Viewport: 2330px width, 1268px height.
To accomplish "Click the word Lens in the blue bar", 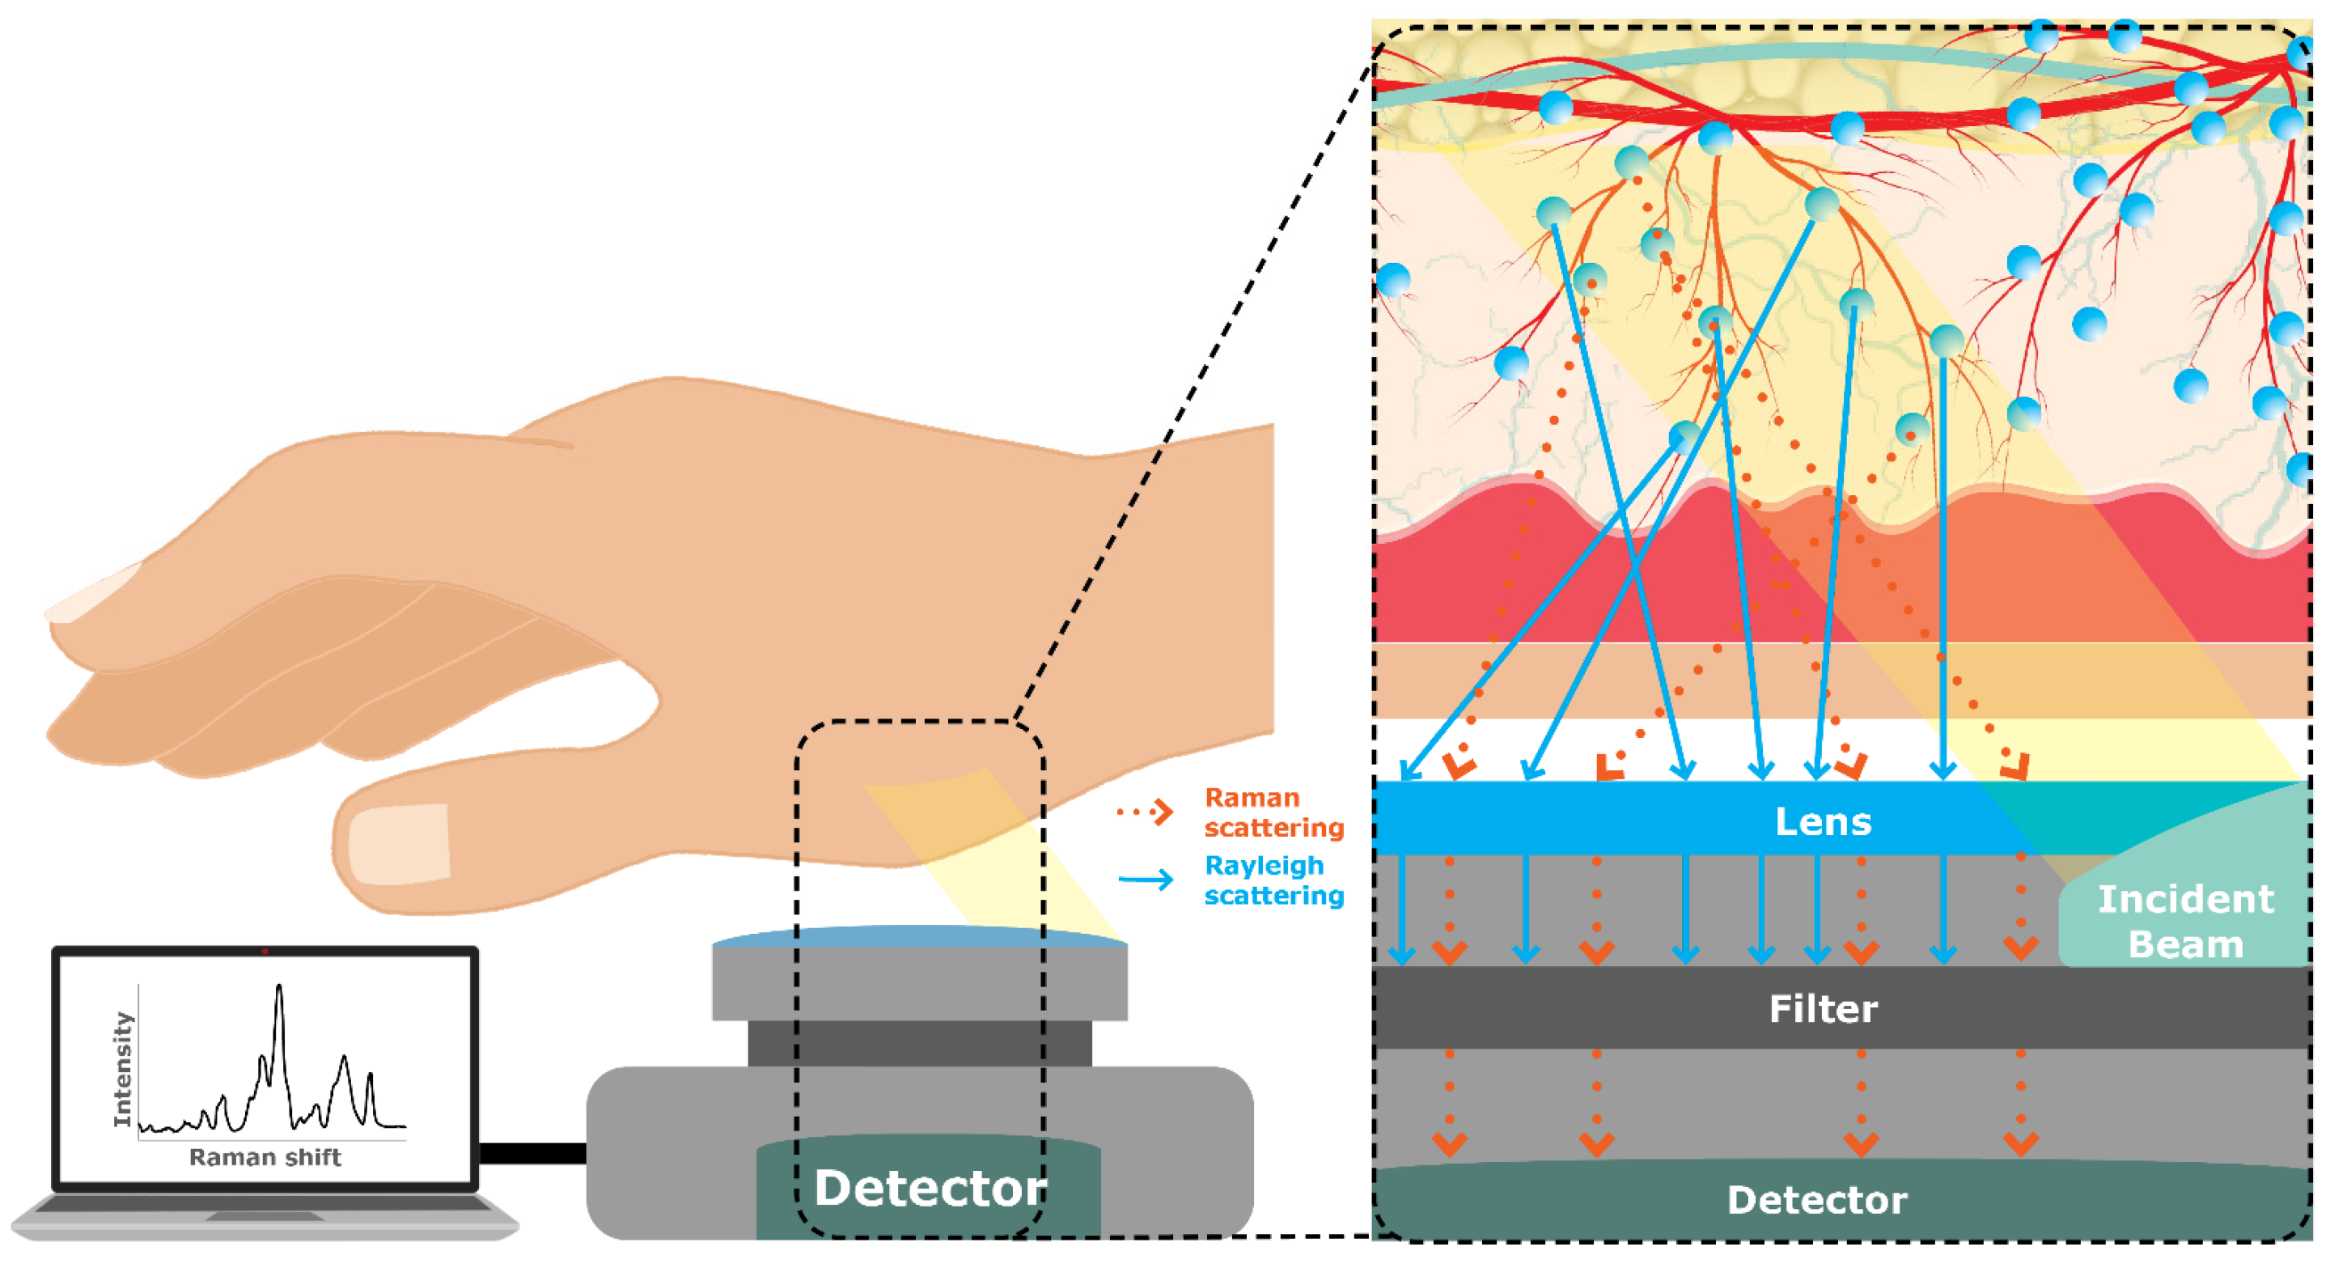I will (1822, 821).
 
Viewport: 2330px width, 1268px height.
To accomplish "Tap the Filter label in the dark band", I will (1822, 1008).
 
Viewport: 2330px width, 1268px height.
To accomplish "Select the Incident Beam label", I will (2184, 922).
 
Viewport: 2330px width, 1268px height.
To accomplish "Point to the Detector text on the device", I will (929, 1188).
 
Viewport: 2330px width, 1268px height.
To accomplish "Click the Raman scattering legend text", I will (1273, 812).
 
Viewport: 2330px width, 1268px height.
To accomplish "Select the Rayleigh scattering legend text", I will (1273, 880).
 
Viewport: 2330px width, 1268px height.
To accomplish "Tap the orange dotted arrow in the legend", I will (1145, 812).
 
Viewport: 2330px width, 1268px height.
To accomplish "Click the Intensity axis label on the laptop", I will (122, 1069).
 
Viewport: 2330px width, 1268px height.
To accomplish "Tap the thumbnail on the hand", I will (399, 844).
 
